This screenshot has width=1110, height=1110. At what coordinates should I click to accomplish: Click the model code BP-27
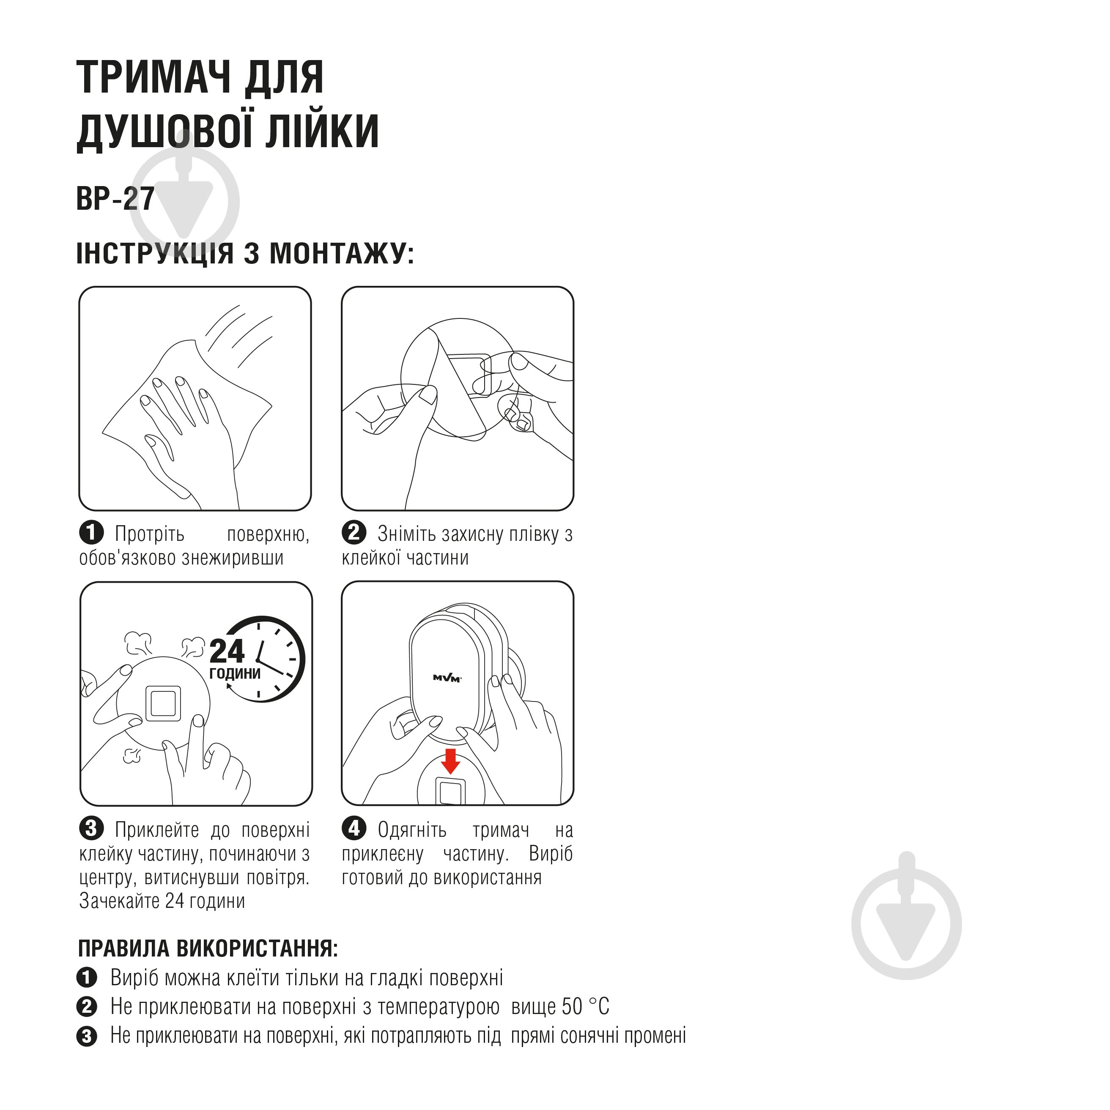[x=115, y=199]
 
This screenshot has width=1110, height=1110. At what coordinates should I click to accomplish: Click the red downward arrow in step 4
[x=450, y=761]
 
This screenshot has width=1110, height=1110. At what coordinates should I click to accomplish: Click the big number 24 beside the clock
[x=227, y=652]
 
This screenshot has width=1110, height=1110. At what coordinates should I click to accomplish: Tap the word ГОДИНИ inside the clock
[x=235, y=673]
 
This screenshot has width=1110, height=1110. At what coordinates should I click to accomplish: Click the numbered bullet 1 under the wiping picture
[x=91, y=533]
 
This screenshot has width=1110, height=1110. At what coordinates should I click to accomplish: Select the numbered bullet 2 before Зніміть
[x=354, y=533]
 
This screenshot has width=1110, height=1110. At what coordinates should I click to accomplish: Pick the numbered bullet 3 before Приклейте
[x=91, y=828]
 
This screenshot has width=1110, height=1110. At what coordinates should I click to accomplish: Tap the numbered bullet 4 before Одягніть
[x=354, y=828]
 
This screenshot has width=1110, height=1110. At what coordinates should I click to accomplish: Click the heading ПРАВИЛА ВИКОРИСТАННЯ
[x=208, y=948]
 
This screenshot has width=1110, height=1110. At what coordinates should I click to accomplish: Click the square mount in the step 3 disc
[x=163, y=703]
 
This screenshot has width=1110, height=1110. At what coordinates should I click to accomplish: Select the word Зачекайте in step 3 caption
[x=120, y=900]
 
